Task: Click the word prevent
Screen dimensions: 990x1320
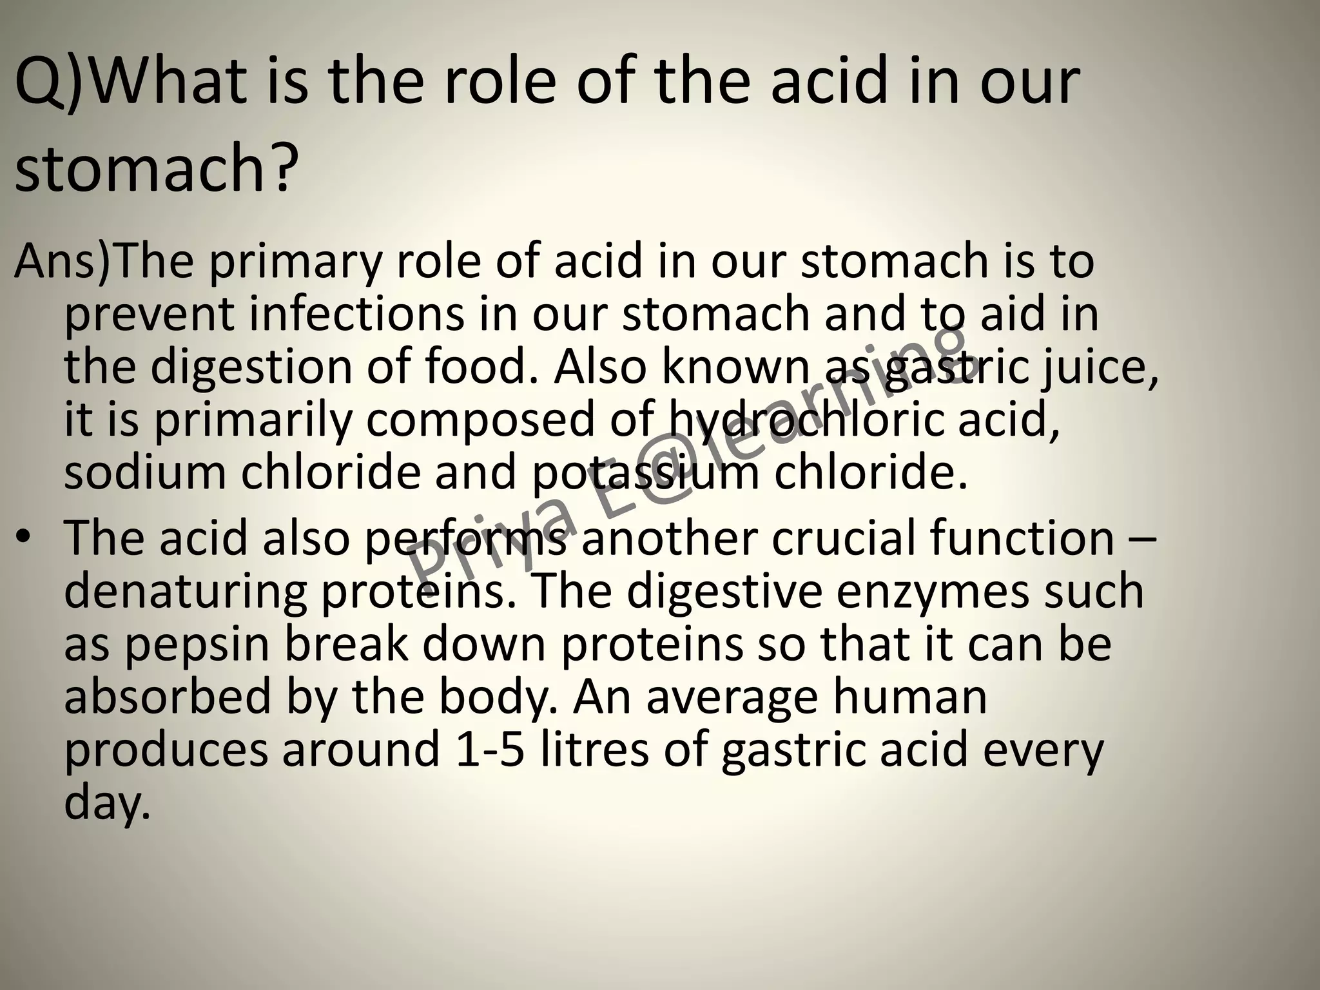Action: (x=149, y=316)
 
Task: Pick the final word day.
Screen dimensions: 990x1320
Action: (x=107, y=804)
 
